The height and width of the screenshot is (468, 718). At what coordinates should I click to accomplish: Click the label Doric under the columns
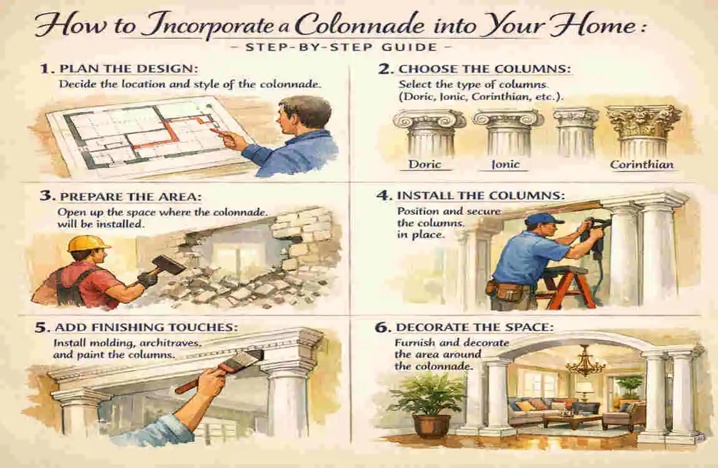coord(426,164)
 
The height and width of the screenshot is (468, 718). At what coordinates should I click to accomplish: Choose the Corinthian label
coord(642,164)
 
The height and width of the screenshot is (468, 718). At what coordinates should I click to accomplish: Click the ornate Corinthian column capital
coord(644,121)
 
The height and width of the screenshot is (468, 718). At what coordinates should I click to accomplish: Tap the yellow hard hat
coord(88,243)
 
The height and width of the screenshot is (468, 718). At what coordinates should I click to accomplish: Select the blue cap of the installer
coord(542,220)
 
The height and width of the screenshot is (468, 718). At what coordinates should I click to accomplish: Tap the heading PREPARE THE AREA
coord(121,196)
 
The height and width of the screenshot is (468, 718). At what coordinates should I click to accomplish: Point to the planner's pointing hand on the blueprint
coord(234,140)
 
